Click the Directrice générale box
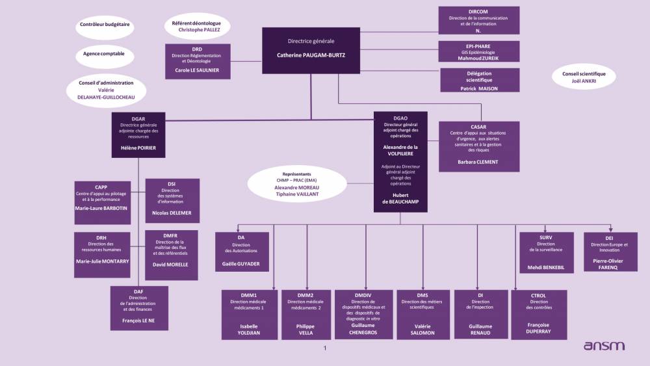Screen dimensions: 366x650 [x=311, y=51]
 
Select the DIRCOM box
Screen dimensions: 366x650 [x=478, y=20]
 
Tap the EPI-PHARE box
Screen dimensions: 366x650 [x=478, y=51]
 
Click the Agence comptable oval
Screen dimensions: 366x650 [x=104, y=53]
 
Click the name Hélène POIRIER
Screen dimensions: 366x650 [x=138, y=148]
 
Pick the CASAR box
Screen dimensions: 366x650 [x=478, y=146]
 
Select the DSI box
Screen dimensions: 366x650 [x=172, y=201]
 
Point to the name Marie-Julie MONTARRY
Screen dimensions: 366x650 [x=102, y=261]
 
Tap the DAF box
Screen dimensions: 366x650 [x=139, y=308]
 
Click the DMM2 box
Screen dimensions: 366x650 [x=305, y=314]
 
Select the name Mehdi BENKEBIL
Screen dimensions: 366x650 [x=545, y=267]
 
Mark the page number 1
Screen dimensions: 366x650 [x=325, y=348]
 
